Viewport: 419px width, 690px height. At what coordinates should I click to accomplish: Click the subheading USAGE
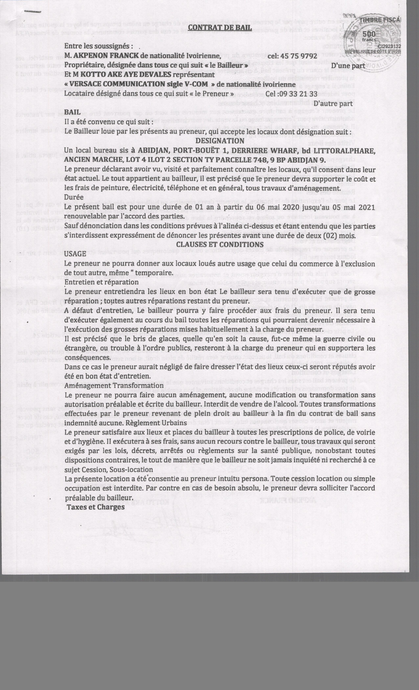coord(75,254)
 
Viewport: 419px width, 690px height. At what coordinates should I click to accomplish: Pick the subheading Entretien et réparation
coord(101,282)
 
